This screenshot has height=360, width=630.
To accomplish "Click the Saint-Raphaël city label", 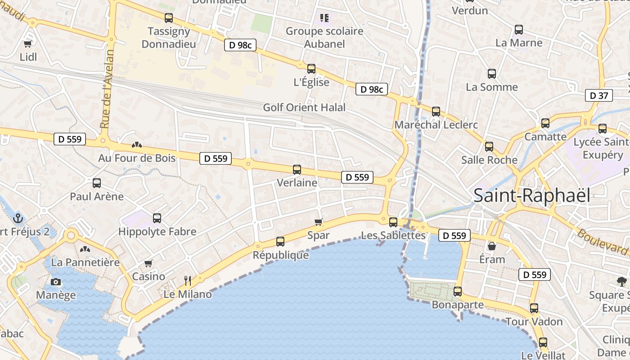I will (x=531, y=196).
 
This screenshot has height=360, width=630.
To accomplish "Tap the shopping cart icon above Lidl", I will (x=28, y=44).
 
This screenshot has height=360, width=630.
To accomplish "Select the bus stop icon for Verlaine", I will (x=297, y=170).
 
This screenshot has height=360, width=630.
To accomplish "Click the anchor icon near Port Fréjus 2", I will (x=18, y=218).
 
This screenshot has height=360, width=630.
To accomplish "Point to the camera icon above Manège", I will (x=56, y=282).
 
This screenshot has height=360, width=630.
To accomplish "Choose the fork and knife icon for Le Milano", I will (x=188, y=281).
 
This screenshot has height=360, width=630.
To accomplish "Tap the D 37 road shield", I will (x=598, y=95).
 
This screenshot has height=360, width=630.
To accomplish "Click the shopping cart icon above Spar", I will (x=319, y=222).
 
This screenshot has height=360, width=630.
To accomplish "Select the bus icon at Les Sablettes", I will (x=393, y=222).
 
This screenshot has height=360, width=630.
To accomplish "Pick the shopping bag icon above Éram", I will (x=492, y=246).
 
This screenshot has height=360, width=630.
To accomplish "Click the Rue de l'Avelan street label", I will (x=107, y=88).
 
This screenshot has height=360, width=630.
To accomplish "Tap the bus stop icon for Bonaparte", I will (x=458, y=291).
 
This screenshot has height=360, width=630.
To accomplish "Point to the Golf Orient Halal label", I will (x=304, y=108).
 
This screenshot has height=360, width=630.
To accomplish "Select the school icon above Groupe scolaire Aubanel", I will (x=324, y=18).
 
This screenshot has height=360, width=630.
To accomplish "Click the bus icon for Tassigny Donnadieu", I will (x=169, y=18).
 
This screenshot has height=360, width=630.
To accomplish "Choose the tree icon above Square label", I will (x=621, y=282).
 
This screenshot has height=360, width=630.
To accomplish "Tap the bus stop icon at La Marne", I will (x=519, y=30).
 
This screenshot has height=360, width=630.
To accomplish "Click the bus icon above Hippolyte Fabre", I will (x=157, y=218).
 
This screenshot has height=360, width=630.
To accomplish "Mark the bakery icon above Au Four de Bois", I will (x=137, y=145).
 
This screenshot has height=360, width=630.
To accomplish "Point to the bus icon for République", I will (x=280, y=242).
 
